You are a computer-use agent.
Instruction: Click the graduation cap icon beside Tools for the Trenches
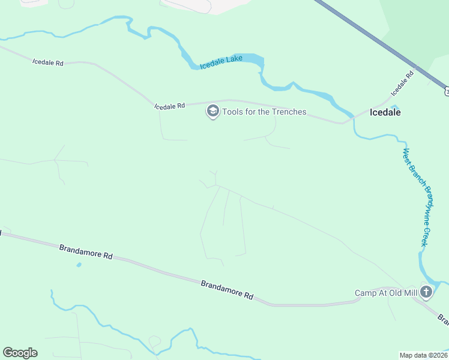coord(212,112)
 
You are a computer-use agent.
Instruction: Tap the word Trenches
coord(285,112)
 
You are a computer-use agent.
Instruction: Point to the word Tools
coord(234,112)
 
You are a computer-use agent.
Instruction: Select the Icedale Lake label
coord(221,62)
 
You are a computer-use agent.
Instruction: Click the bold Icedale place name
coord(385,112)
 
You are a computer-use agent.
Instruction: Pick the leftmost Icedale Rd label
coord(47,62)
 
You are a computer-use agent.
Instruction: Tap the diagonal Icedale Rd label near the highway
coord(402,84)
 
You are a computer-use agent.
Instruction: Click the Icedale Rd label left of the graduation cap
coord(169,106)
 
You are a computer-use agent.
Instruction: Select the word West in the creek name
coord(406,156)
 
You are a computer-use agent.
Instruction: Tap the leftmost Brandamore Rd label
coord(86,251)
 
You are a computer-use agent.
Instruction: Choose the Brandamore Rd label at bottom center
coord(227,290)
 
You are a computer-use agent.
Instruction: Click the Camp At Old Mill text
coord(385,293)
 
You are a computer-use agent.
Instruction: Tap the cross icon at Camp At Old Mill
coord(426,293)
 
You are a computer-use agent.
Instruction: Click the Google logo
coord(20,353)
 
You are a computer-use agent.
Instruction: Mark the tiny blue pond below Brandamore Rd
coord(79,265)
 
